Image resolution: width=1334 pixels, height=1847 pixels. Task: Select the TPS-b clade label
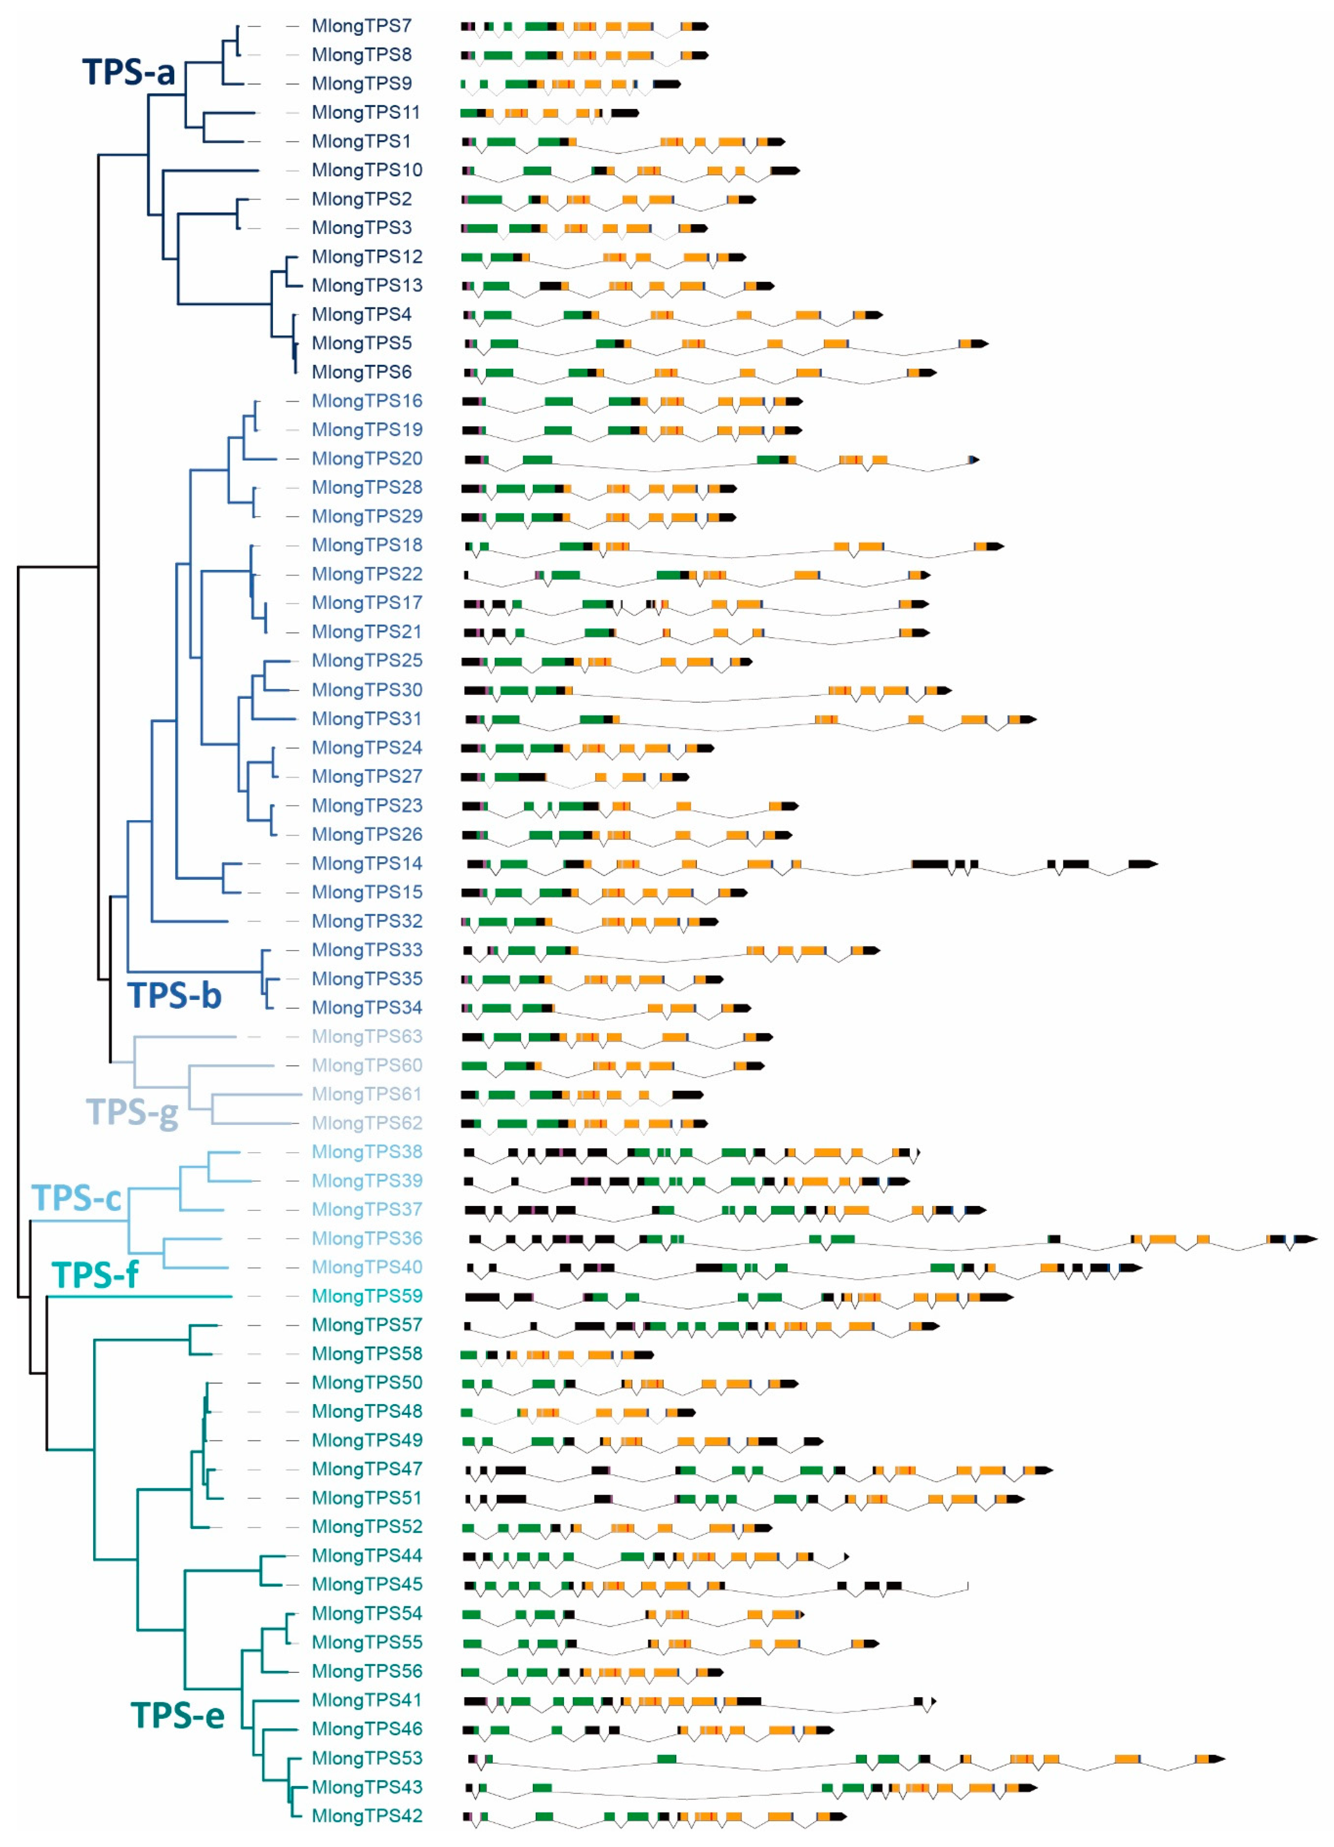tap(174, 995)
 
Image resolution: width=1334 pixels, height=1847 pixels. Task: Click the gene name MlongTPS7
tap(361, 26)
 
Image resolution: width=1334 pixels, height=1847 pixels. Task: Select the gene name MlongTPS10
tap(367, 170)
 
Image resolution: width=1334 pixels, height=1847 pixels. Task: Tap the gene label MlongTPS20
tap(367, 458)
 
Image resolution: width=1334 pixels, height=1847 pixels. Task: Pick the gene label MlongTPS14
tap(367, 863)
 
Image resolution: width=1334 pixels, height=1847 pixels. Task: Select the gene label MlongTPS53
tap(367, 1758)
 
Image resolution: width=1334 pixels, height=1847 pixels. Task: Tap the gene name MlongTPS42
tap(367, 1816)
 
